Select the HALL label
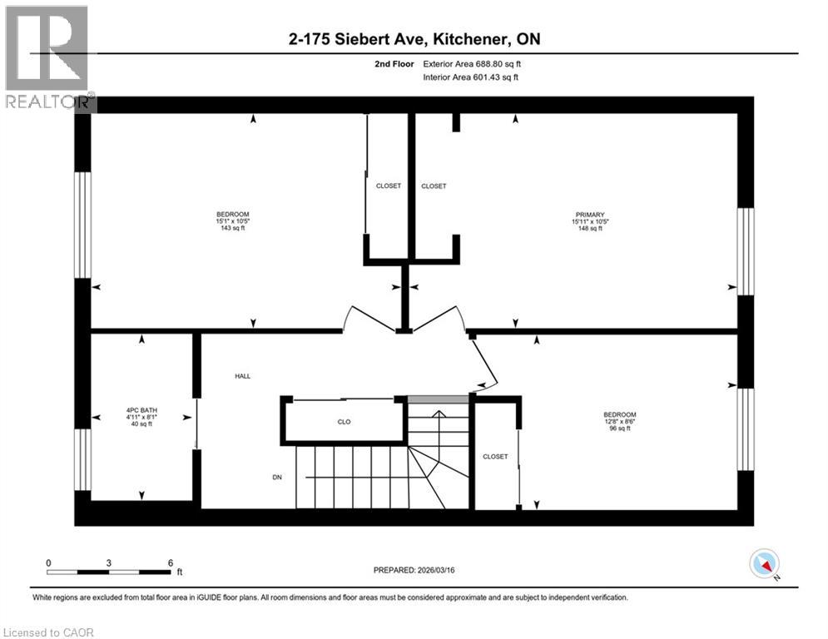[x=243, y=376]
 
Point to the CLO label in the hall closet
[x=344, y=422]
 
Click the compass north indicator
[x=763, y=565]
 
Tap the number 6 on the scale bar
[x=170, y=562]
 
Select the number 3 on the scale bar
[x=109, y=562]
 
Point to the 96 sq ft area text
[x=620, y=429]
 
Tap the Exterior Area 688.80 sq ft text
[x=472, y=64]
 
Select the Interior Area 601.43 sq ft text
[x=472, y=77]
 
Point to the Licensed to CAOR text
[x=48, y=632]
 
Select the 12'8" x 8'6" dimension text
[x=620, y=422]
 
